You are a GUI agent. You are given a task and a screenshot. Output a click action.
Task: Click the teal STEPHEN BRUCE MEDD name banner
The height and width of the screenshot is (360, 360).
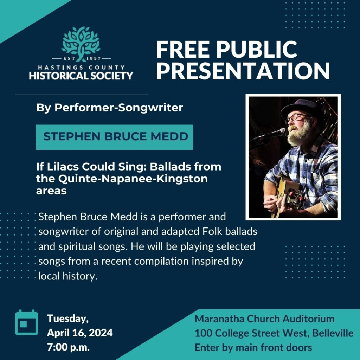click(x=114, y=137)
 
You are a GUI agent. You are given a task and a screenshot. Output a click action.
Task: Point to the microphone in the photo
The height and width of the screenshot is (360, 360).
click(x=278, y=133)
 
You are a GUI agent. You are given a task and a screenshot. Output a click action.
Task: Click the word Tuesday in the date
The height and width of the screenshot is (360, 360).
click(x=67, y=319)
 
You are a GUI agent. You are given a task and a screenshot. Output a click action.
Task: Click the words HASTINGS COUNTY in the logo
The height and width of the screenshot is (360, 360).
click(x=81, y=67)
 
